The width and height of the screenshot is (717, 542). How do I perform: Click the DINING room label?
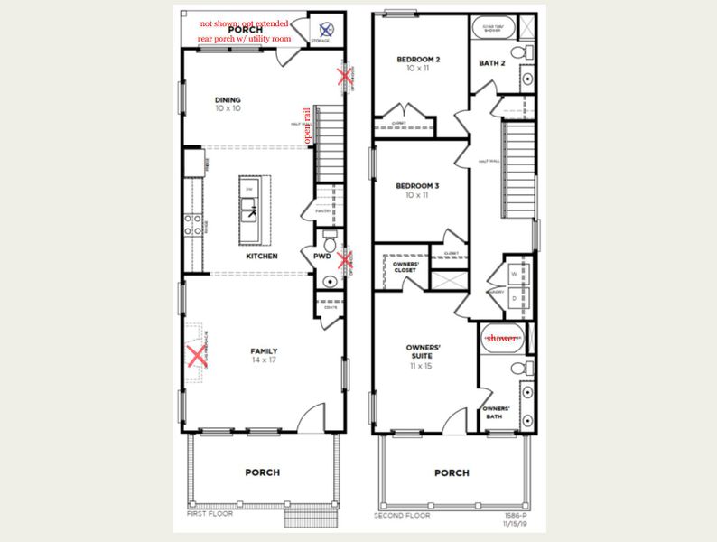pos(228,100)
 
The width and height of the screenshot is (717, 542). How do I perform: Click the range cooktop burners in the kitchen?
pos(191,224)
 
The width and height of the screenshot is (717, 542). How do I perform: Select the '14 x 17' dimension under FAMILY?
pos(264,360)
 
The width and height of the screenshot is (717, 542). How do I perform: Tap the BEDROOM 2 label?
pos(418,60)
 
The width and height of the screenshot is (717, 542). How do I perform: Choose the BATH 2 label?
pos(492,63)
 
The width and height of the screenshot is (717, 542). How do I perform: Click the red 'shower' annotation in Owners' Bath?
pos(501,337)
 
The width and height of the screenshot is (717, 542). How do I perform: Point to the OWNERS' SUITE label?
pos(423,351)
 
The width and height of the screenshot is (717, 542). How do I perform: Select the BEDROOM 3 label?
pos(418,186)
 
